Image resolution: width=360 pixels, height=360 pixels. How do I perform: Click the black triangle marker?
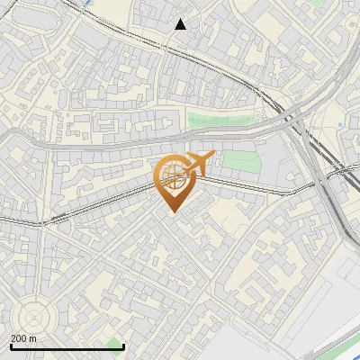[181, 25]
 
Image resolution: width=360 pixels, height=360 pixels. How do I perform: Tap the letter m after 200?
[32, 338]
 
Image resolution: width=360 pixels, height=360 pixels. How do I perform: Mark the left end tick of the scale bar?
[11, 346]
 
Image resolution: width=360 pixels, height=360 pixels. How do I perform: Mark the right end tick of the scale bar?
[123, 346]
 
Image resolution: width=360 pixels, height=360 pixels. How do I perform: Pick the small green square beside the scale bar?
[113, 343]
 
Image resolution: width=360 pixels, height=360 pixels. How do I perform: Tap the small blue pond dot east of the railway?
[338, 123]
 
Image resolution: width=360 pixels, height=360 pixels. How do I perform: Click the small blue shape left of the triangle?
[86, 4]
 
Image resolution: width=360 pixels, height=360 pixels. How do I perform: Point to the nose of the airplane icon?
[214, 155]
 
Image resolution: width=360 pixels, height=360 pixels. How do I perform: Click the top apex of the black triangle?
[181, 19]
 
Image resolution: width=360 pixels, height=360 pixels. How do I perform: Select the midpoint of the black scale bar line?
[67, 346]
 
